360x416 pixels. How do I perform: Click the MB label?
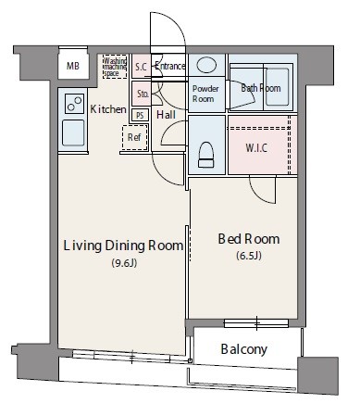[73, 66]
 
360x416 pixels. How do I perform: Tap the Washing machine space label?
[115, 67]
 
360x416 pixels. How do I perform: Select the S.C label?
[141, 67]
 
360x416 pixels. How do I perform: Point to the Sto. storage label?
[143, 94]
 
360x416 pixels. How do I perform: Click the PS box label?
[140, 115]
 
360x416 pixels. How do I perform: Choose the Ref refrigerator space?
[134, 137]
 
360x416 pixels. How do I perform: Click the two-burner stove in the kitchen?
[75, 104]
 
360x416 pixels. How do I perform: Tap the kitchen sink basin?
[73, 132]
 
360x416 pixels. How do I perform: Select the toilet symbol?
[206, 155]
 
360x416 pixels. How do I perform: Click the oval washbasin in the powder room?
[206, 65]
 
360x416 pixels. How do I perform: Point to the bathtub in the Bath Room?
[278, 87]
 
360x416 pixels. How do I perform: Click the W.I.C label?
[256, 148]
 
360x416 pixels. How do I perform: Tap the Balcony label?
[243, 349]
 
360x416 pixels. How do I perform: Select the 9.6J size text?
[124, 263]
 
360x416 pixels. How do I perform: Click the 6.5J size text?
[249, 256]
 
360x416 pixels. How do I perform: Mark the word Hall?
[166, 115]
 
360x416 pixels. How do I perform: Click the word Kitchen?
[108, 109]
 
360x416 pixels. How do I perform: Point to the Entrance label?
[169, 66]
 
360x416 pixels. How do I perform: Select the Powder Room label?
[205, 94]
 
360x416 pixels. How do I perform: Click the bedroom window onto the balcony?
[256, 323]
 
